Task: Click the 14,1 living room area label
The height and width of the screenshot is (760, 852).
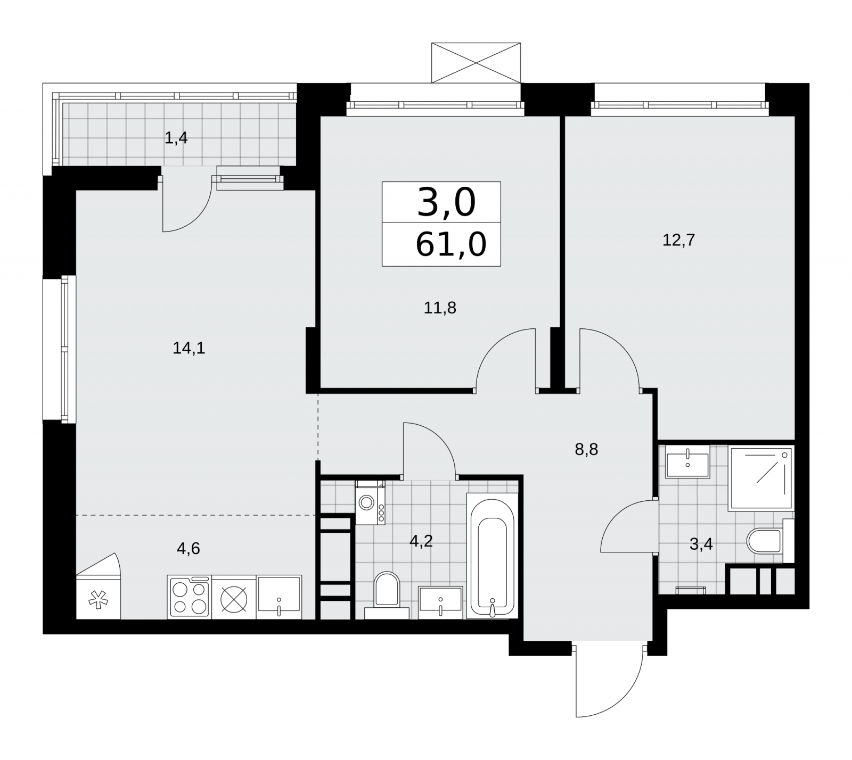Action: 189,349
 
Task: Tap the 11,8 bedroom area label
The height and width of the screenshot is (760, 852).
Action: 440,308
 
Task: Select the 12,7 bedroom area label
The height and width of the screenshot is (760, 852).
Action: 678,241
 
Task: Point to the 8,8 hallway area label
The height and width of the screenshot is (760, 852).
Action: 586,450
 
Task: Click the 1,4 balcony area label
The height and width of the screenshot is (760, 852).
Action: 176,138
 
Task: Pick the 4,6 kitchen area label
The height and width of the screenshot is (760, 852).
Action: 188,548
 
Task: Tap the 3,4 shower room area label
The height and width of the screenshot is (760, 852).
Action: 701,544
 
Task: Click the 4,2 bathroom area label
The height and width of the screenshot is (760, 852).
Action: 421,541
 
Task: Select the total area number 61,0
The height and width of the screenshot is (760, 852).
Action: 450,245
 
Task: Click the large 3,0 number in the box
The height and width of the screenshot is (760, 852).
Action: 446,203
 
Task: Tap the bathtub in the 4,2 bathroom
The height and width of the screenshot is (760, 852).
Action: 491,556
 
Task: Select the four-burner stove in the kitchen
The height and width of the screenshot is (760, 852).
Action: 189,597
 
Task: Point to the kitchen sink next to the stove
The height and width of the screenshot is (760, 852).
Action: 279,597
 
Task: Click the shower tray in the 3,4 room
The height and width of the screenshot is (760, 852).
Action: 760,478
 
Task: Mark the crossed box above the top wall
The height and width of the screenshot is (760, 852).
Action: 476,63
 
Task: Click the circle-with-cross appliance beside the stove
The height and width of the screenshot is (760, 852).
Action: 234,597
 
